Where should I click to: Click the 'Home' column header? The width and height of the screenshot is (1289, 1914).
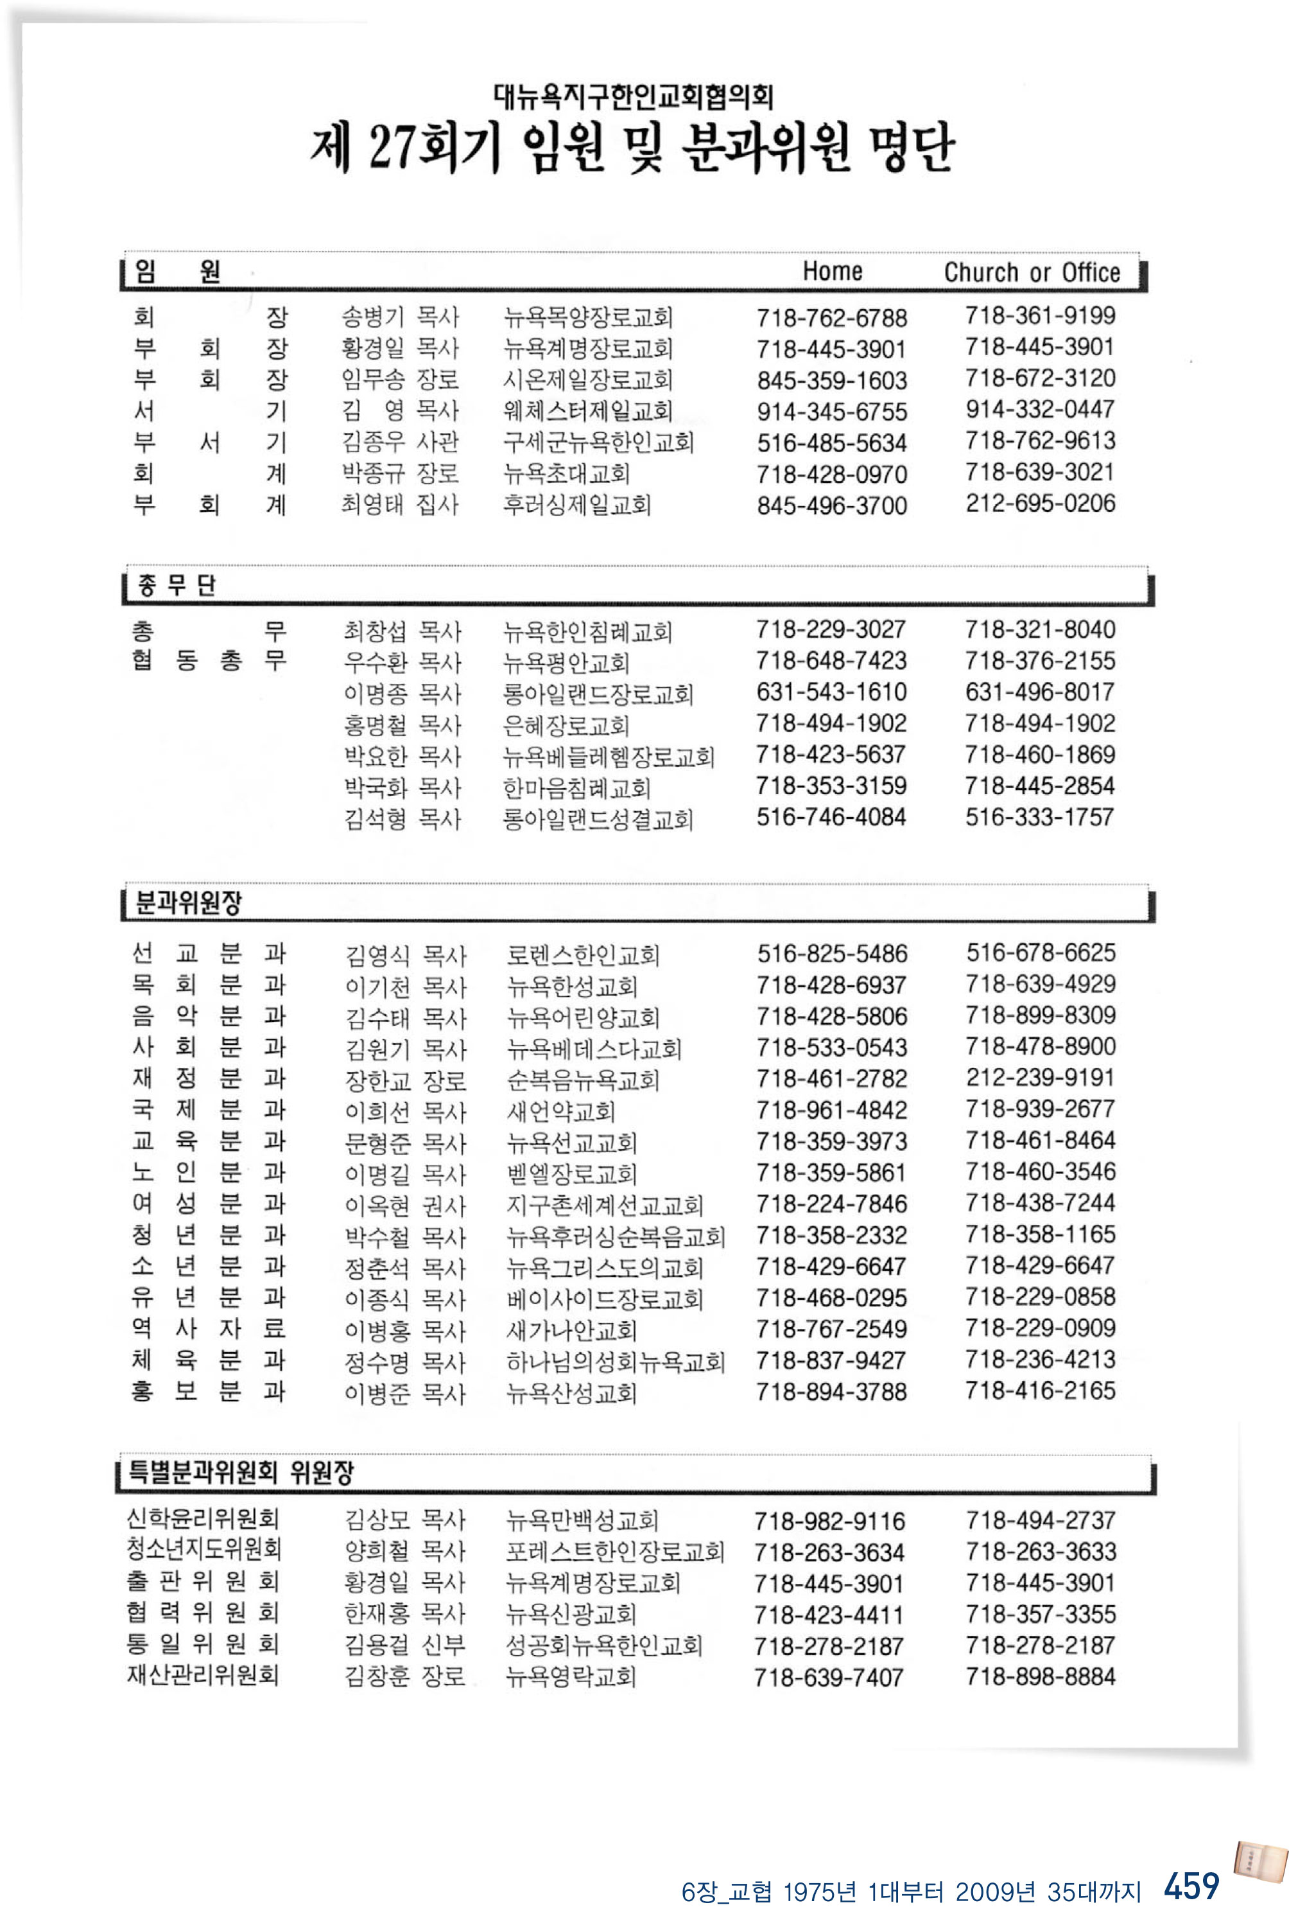pos(832,272)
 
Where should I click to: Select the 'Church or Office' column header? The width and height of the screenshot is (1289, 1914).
pos(1032,272)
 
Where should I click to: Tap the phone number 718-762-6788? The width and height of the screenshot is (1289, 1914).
pos(831,317)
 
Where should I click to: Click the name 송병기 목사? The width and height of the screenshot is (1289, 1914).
pos(401,317)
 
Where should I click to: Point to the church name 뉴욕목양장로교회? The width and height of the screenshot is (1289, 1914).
pos(588,317)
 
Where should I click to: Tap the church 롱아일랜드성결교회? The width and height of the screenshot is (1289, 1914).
pos(598,819)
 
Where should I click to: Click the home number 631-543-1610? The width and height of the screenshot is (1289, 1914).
pos(831,692)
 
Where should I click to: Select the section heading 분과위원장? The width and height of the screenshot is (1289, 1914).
pos(188,903)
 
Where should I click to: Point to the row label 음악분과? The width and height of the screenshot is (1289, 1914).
pos(208,1017)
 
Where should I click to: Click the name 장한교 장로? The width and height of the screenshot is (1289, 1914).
pos(405,1080)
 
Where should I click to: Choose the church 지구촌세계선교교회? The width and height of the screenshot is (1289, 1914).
pos(604,1206)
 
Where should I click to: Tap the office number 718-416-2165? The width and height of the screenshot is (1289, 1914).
pos(1040,1391)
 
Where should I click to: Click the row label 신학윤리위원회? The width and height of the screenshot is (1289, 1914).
pos(202,1518)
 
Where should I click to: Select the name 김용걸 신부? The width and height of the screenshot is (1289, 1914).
pos(404,1645)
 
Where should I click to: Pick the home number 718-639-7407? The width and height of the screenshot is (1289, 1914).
pos(829,1677)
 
